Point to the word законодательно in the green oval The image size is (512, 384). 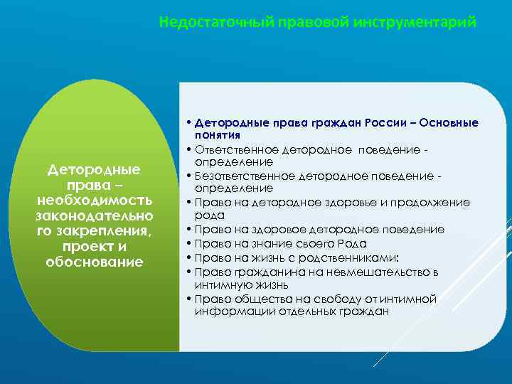click(94, 215)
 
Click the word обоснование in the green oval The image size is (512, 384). click(94, 262)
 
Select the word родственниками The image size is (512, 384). click(341, 257)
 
